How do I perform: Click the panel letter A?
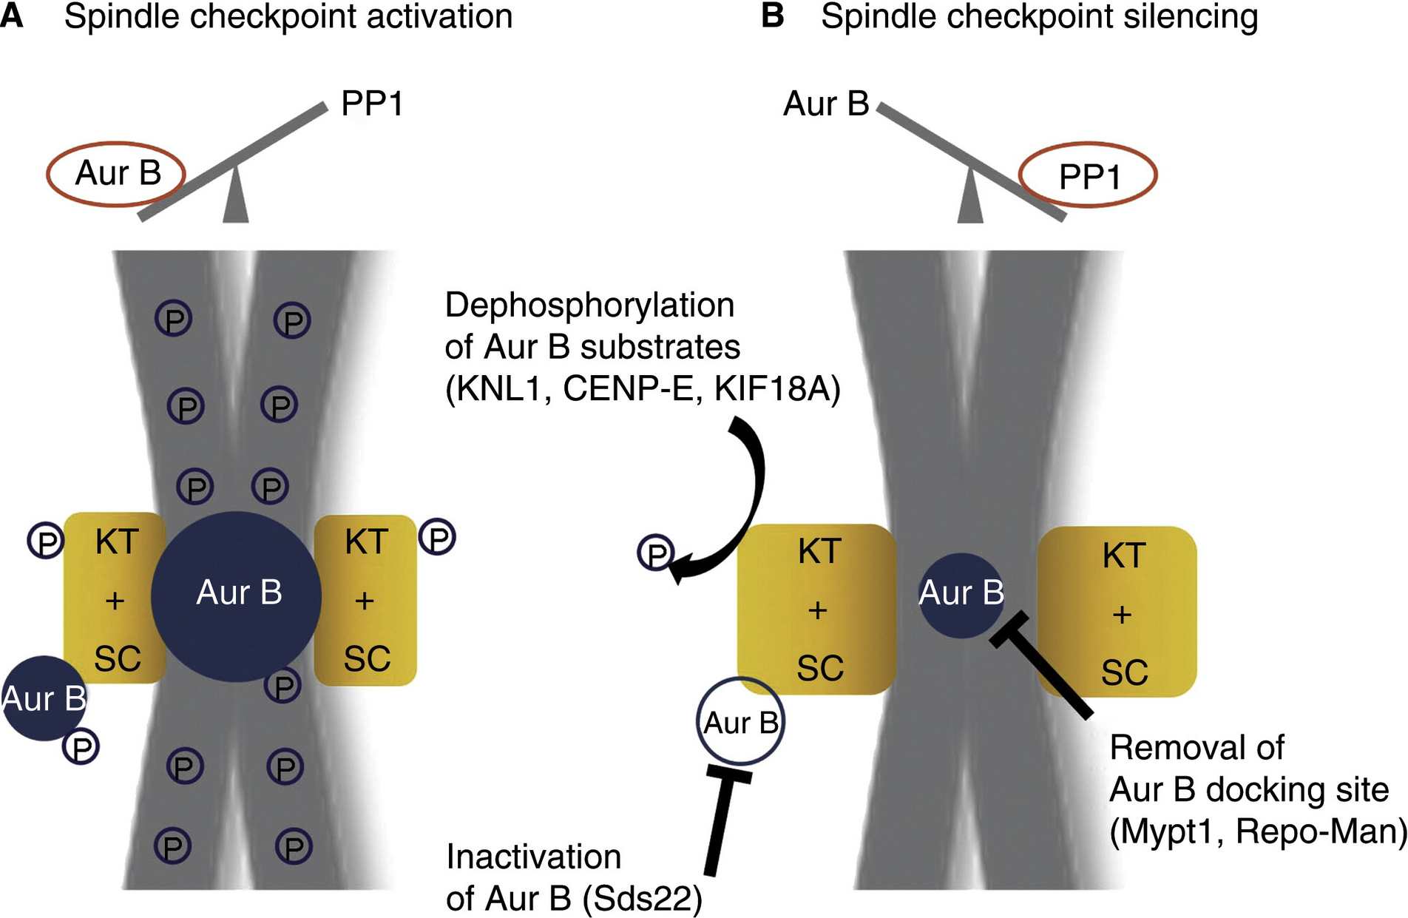tap(12, 16)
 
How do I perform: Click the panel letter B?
tap(772, 16)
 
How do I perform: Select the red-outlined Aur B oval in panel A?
tap(116, 174)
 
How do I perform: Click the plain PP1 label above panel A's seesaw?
tap(372, 104)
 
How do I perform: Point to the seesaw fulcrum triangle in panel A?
tap(235, 198)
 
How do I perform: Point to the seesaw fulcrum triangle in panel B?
tap(970, 198)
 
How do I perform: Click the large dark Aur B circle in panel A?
tap(237, 595)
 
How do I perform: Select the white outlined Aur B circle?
tap(740, 722)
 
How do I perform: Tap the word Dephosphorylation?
tap(589, 306)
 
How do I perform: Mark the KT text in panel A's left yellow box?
tap(117, 542)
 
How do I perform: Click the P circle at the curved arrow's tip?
tap(656, 553)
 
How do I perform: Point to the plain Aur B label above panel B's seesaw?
tap(826, 104)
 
